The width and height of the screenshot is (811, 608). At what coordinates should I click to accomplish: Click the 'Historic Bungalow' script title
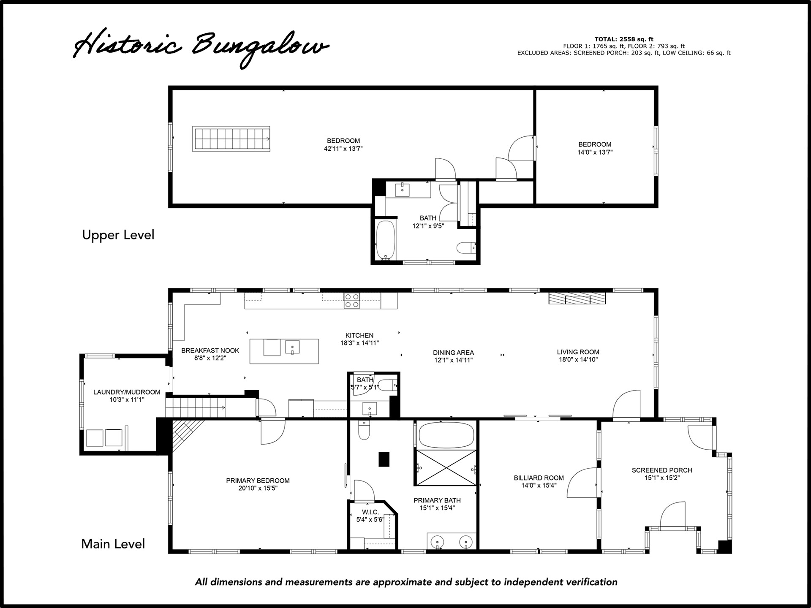(201, 47)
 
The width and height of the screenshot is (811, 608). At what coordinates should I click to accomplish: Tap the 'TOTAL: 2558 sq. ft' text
(624, 39)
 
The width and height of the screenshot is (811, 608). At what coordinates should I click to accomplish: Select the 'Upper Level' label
(118, 235)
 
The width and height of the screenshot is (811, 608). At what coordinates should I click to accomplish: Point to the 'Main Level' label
(113, 544)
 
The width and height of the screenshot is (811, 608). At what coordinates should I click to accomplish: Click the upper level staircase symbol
(231, 138)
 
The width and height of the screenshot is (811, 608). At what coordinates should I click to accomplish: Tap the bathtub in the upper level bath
(386, 239)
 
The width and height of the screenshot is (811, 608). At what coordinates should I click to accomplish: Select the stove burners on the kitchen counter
(352, 300)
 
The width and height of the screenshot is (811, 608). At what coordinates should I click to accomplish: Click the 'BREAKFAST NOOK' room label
(210, 350)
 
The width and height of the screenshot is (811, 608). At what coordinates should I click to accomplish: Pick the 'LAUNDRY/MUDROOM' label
(127, 392)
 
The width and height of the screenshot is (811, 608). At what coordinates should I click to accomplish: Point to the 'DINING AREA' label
(453, 353)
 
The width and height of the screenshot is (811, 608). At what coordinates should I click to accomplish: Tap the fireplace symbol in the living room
(577, 298)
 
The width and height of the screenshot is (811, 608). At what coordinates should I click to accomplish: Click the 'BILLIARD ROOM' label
(539, 478)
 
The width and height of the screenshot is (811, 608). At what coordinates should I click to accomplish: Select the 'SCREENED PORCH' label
(662, 470)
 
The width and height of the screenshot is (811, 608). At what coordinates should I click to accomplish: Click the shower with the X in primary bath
(446, 468)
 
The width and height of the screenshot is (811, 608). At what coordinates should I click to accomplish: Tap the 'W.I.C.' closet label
(370, 512)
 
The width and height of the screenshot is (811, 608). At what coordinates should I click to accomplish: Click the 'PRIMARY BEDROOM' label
(258, 480)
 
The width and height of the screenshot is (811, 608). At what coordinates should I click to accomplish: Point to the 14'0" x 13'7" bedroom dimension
(595, 152)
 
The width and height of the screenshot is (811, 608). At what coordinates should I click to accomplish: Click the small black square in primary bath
(384, 459)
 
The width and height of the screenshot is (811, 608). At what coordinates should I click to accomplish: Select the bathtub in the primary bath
(446, 435)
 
